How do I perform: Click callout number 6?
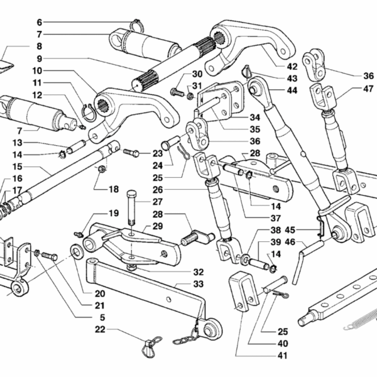(39, 21)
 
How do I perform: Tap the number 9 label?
(39, 58)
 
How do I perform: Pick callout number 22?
(101, 329)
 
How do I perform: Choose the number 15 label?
(18, 167)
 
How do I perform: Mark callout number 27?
(157, 202)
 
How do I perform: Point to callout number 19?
(114, 213)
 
